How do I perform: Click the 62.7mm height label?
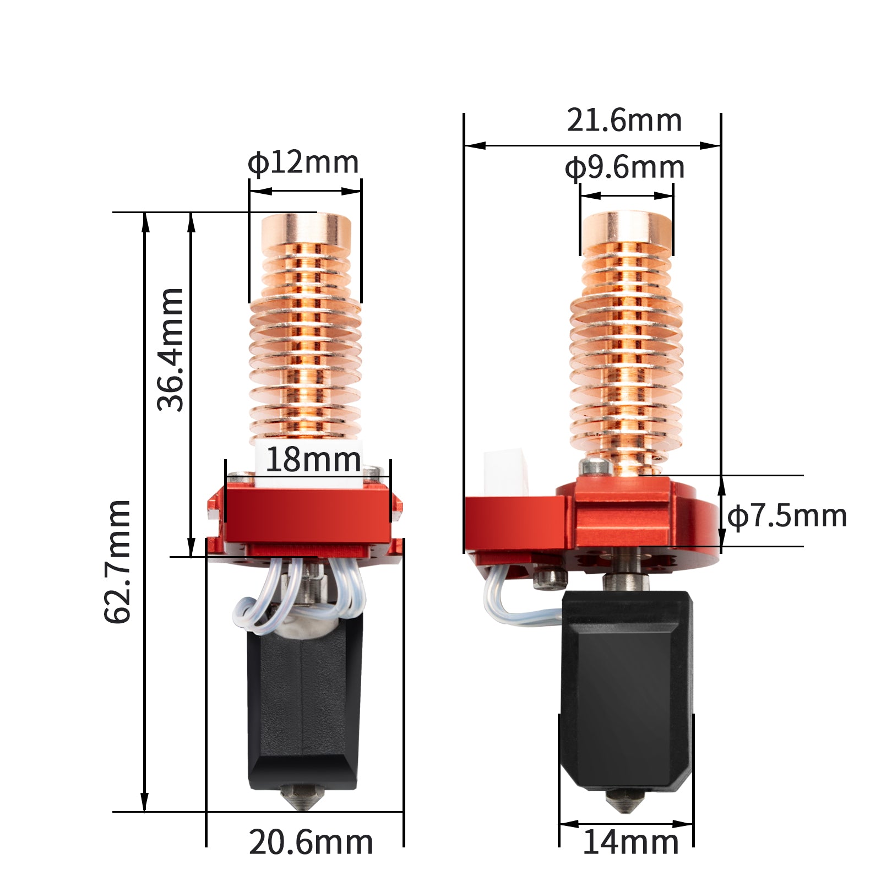(117, 562)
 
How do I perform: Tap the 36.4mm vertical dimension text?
(170, 350)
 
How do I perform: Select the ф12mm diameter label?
(303, 163)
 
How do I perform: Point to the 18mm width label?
(313, 460)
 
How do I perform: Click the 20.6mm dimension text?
(311, 842)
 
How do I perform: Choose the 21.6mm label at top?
(624, 121)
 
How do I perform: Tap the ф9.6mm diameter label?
(624, 168)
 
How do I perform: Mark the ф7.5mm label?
(787, 516)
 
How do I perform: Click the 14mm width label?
(630, 842)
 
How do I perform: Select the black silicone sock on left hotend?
(304, 710)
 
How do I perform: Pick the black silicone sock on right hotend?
(627, 688)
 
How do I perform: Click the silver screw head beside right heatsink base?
(596, 466)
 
